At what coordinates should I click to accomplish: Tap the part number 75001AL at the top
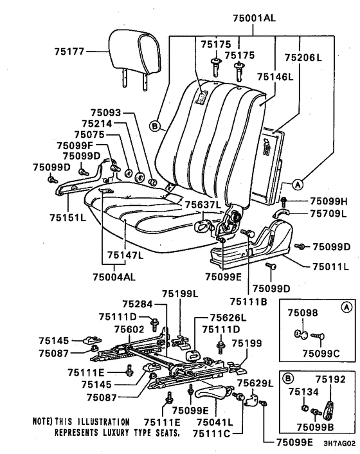click(x=255, y=18)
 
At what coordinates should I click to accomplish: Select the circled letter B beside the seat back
click(x=155, y=126)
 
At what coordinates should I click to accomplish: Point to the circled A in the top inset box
click(x=346, y=307)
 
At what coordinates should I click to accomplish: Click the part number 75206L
click(x=303, y=57)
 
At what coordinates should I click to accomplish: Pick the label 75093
click(x=105, y=113)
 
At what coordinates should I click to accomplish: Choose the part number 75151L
click(x=67, y=217)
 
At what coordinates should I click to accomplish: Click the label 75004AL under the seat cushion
click(x=114, y=277)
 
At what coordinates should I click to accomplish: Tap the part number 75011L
click(x=331, y=266)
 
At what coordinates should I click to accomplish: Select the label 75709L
click(x=328, y=213)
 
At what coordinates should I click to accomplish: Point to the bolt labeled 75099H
click(x=283, y=201)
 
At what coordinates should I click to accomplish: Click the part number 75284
click(x=138, y=304)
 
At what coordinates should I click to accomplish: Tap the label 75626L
click(x=228, y=318)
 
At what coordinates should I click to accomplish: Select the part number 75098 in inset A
click(x=302, y=313)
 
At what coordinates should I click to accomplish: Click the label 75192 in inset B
click(x=330, y=379)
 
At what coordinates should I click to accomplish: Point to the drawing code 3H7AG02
click(x=339, y=444)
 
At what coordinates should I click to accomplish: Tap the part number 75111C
click(x=212, y=433)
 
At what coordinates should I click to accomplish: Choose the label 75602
click(x=129, y=329)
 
